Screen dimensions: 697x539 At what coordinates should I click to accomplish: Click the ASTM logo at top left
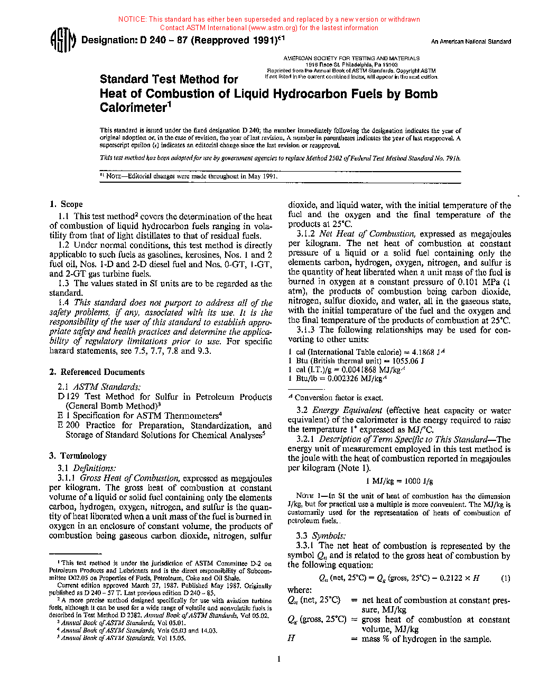[62, 41]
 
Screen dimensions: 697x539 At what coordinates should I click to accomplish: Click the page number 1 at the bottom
[278, 658]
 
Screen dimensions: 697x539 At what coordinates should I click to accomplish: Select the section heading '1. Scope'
[66, 204]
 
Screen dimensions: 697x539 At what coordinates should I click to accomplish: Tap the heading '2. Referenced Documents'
[97, 372]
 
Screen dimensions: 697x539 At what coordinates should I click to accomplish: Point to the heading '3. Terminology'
[78, 456]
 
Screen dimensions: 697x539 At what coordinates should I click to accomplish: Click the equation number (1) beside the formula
[505, 578]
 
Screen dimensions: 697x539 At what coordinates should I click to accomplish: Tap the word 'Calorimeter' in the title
[133, 108]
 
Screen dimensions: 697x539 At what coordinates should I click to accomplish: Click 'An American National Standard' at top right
[471, 42]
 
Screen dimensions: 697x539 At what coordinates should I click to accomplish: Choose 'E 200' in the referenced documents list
[68, 426]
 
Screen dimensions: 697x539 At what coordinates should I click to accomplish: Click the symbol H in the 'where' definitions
[291, 638]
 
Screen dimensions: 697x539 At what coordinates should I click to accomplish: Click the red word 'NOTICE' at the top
[132, 20]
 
